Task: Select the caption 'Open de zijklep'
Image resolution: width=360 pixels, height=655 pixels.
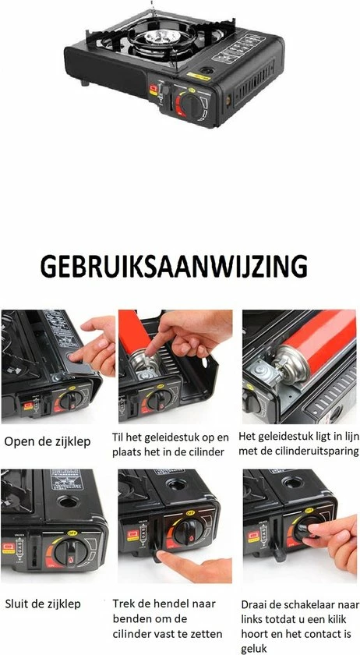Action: pyautogui.click(x=48, y=442)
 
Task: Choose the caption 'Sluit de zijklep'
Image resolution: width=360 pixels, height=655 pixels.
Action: pyautogui.click(x=42, y=604)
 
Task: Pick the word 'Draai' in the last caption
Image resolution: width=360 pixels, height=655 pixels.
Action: pyautogui.click(x=257, y=604)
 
